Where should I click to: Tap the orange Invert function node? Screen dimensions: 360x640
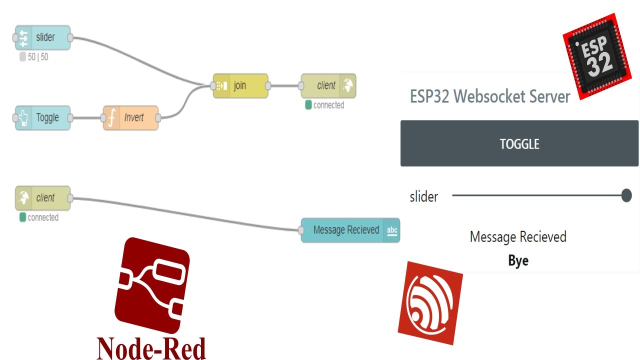pos(131,118)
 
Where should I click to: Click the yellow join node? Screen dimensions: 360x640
pos(240,85)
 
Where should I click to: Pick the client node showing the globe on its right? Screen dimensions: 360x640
pos(328,85)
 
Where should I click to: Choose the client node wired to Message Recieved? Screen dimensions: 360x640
pos(43,198)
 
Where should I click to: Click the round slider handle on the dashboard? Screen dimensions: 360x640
pos(626,195)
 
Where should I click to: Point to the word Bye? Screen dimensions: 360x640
pos(518,260)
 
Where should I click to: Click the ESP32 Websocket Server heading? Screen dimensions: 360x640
pos(489,96)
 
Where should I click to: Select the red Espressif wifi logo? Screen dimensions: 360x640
pos(430,302)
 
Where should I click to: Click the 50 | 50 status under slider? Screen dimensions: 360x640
pos(37,57)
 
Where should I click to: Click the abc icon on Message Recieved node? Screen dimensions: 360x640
pos(392,230)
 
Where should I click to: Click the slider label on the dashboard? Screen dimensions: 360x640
pos(423,196)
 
